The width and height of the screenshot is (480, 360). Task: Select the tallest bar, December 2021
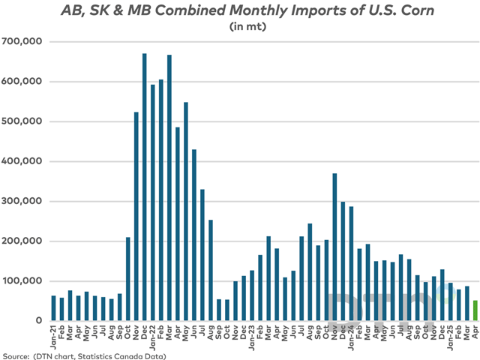(x=144, y=187)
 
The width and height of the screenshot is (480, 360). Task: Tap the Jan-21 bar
(x=53, y=308)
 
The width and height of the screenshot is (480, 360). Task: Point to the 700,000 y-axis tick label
(x=24, y=42)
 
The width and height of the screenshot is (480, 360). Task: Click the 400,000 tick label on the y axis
(x=24, y=161)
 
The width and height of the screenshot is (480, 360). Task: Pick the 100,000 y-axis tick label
(x=24, y=281)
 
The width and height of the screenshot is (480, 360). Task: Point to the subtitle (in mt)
(x=240, y=28)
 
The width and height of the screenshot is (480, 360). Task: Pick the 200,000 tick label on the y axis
(x=24, y=241)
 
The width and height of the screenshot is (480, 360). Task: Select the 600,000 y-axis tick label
(x=24, y=82)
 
